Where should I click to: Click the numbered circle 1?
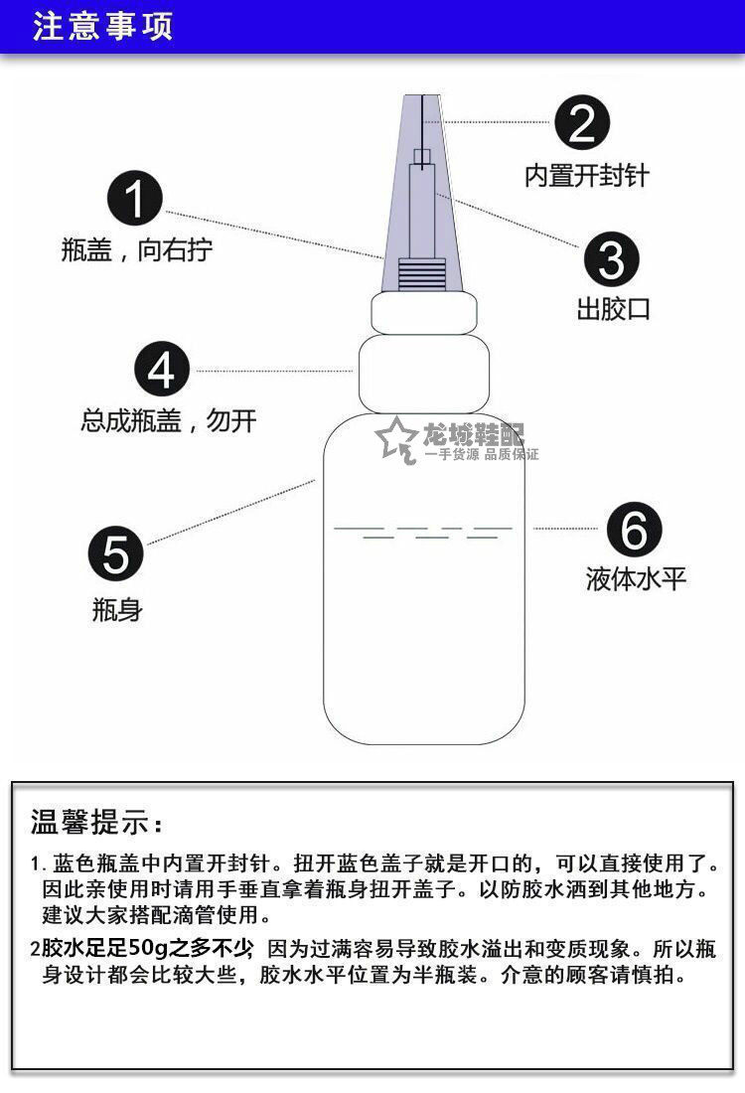[134, 199]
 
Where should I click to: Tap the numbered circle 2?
[582, 122]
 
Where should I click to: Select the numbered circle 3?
[611, 259]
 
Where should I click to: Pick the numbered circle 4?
[162, 369]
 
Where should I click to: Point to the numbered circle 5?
[115, 553]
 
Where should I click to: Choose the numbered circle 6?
[634, 529]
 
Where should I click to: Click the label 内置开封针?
[587, 175]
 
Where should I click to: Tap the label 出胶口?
[613, 309]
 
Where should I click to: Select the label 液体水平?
[636, 578]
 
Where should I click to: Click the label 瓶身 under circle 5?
[117, 609]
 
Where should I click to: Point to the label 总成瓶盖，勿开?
[169, 420]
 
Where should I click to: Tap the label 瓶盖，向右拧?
[137, 248]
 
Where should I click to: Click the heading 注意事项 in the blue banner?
[102, 27]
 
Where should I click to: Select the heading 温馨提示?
[97, 822]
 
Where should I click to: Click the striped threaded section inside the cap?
[421, 274]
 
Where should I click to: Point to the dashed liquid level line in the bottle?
[423, 532]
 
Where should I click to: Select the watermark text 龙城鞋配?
[473, 434]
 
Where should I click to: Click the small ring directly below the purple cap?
[424, 313]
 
